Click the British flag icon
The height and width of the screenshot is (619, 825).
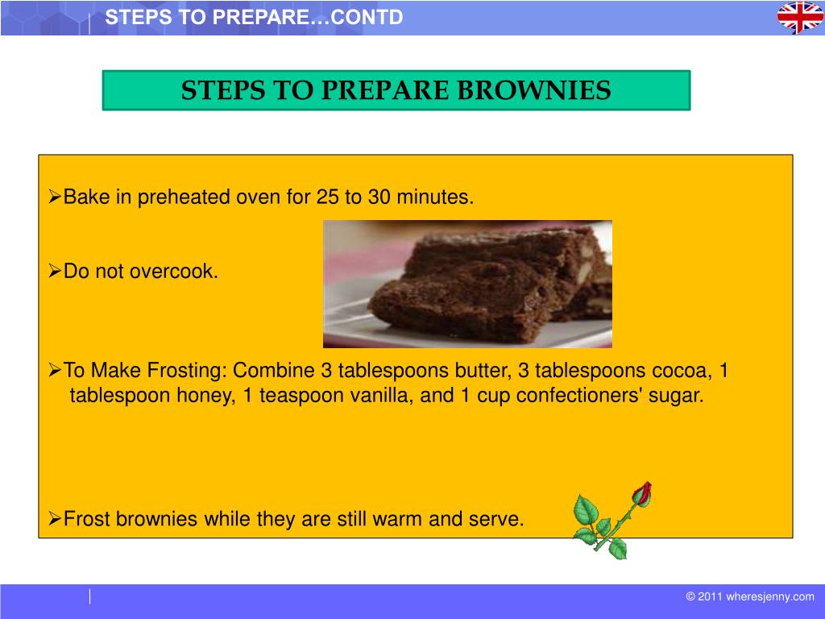[799, 18]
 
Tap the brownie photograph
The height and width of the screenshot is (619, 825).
[467, 284]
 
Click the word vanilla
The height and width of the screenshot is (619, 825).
[378, 396]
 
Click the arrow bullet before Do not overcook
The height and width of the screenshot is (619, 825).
[55, 272]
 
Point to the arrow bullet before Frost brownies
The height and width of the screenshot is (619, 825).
[55, 519]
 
